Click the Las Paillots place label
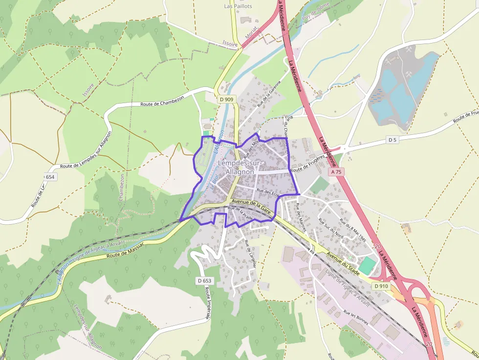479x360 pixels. pyautogui.click(x=238, y=6)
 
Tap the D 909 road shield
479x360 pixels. pyautogui.click(x=226, y=99)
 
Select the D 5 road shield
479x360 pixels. pyautogui.click(x=392, y=140)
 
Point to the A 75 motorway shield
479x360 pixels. pyautogui.click(x=336, y=172)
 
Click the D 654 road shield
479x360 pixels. pyautogui.click(x=49, y=176)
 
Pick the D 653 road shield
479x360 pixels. pyautogui.click(x=205, y=281)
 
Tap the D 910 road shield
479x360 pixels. pyautogui.click(x=382, y=286)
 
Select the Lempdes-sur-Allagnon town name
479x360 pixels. pyautogui.click(x=240, y=167)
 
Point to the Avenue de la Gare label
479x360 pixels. pyautogui.click(x=251, y=205)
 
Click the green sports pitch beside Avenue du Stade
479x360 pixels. pyautogui.click(x=367, y=264)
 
